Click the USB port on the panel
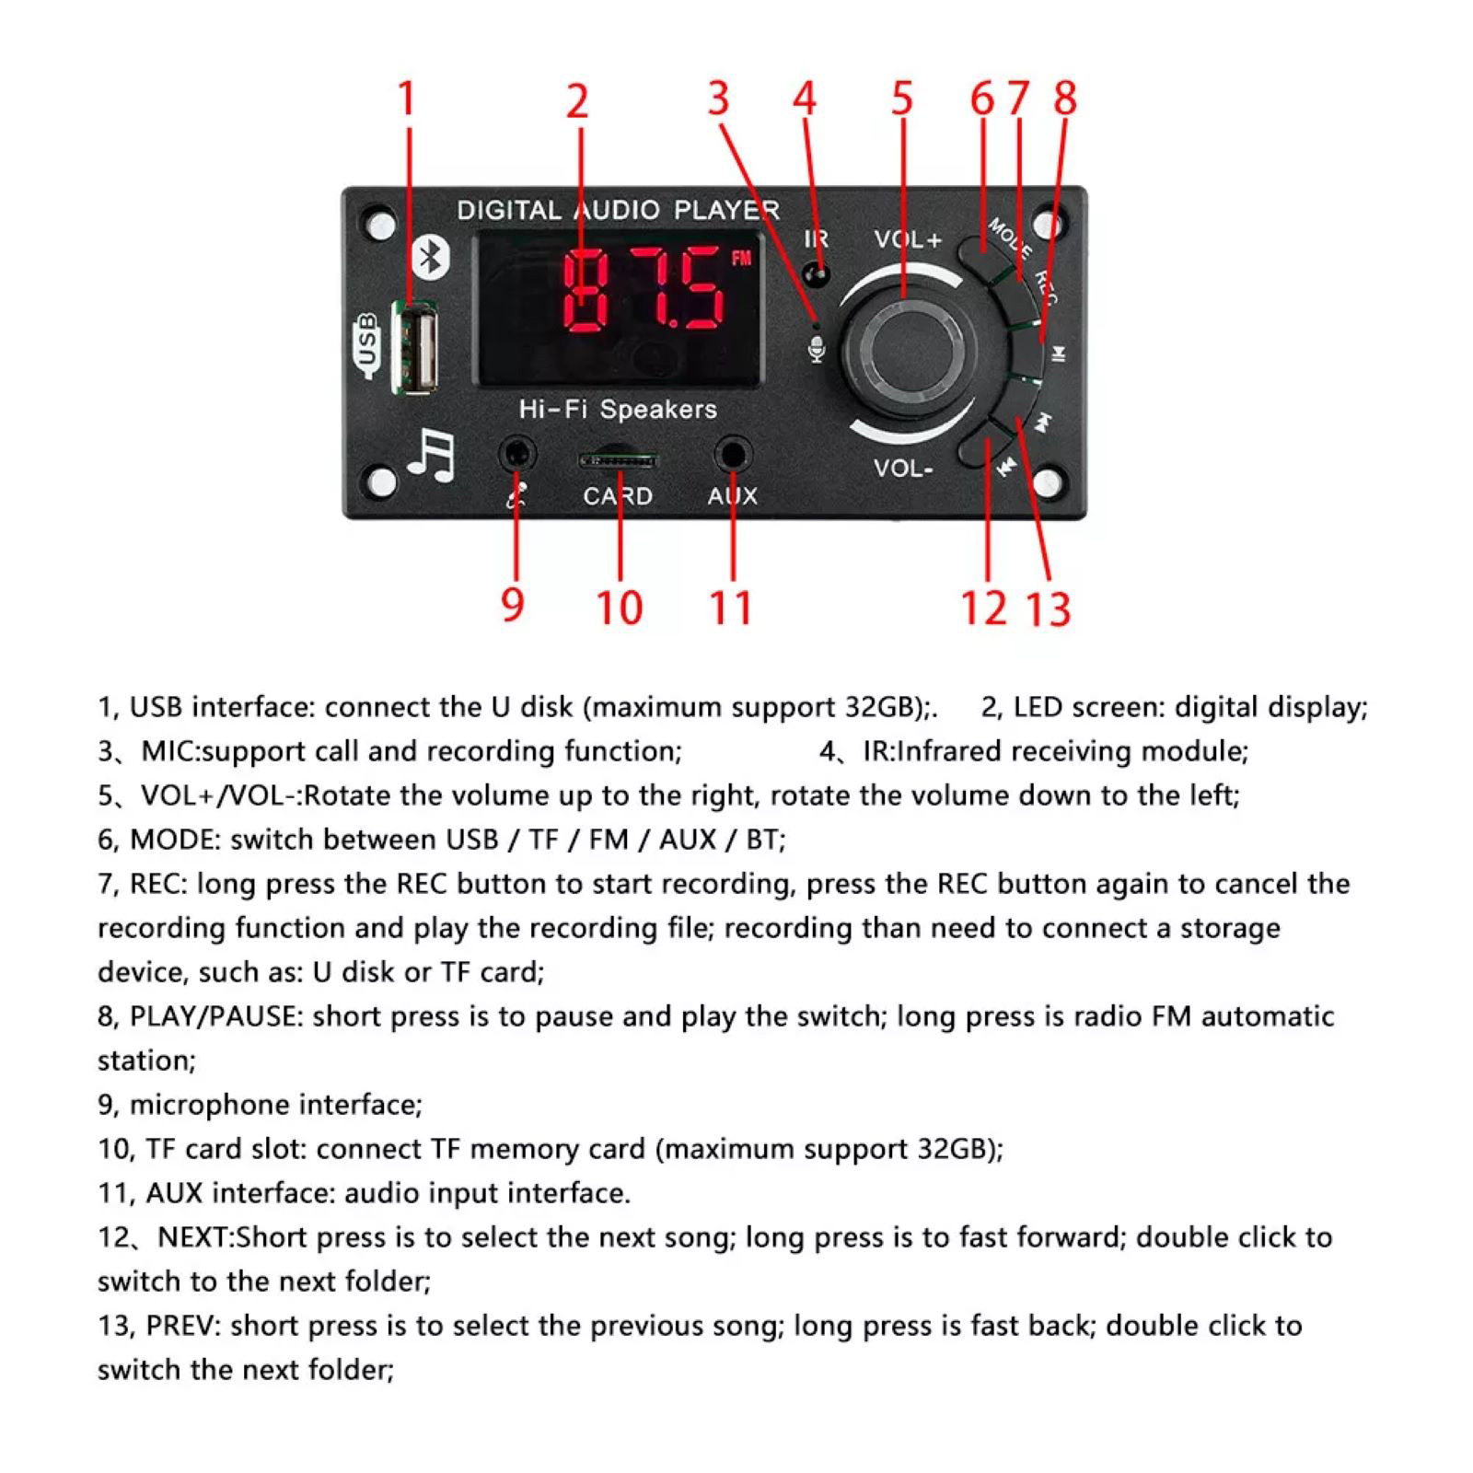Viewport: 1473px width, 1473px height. [x=416, y=348]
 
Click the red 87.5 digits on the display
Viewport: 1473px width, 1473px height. [x=644, y=290]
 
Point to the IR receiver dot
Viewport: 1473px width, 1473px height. [x=815, y=274]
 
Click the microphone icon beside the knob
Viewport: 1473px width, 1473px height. [x=817, y=349]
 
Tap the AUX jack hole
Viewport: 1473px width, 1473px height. [x=733, y=454]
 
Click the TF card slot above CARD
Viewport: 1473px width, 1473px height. [x=617, y=458]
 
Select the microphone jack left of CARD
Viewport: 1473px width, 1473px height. [x=517, y=454]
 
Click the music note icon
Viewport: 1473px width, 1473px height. [x=431, y=455]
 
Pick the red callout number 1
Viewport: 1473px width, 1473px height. [x=406, y=99]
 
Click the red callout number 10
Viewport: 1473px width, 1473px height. [x=619, y=608]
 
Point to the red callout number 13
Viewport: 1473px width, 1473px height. [x=1049, y=609]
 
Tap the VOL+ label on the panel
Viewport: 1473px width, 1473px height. [x=908, y=239]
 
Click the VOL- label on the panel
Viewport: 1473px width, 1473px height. [x=903, y=469]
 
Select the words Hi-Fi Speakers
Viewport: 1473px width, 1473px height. [x=617, y=409]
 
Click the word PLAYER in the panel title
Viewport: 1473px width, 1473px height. [x=726, y=210]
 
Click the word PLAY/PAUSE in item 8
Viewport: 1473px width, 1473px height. [x=214, y=1016]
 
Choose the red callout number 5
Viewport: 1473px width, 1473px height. [x=902, y=99]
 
